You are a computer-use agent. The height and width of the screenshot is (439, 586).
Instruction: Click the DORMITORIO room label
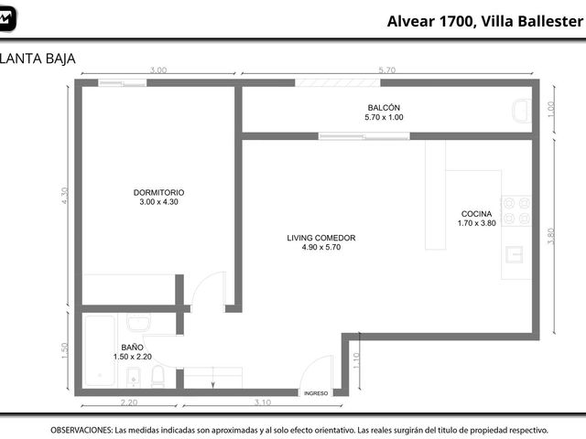pos(158,193)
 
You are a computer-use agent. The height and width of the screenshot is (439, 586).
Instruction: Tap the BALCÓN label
pos(384,108)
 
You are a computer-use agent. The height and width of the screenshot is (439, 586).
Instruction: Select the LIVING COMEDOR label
pos(321,238)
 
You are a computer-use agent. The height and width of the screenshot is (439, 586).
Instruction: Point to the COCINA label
pos(476,214)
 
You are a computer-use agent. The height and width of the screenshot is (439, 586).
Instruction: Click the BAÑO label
pos(132,348)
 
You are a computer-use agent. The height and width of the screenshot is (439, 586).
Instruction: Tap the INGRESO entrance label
pos(316,393)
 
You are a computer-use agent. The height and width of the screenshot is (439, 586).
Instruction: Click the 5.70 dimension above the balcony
pos(386,70)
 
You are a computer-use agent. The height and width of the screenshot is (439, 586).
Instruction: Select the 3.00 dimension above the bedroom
pos(158,70)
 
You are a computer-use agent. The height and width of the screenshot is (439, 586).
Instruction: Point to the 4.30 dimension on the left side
pos(65,195)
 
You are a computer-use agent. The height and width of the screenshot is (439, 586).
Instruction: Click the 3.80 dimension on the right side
pos(551,236)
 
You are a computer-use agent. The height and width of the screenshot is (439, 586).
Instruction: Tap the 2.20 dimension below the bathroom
pos(129,402)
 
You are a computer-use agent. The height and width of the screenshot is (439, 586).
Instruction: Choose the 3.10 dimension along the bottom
pos(263,402)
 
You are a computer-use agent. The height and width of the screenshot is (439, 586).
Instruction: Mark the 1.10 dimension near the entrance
pos(356,360)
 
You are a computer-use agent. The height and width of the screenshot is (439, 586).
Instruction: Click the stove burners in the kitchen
pos(516,210)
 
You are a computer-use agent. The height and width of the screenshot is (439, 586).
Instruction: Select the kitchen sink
pos(515,254)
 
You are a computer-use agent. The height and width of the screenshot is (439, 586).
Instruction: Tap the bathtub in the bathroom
pos(100,350)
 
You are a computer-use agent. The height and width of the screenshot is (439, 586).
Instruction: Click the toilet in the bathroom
pos(157,376)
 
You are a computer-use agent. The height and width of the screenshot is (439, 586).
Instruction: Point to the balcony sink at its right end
pos(522,111)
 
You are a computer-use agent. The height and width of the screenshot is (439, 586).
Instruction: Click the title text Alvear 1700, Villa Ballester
pos(485,21)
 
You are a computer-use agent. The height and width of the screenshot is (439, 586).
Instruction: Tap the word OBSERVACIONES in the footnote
pos(81,430)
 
